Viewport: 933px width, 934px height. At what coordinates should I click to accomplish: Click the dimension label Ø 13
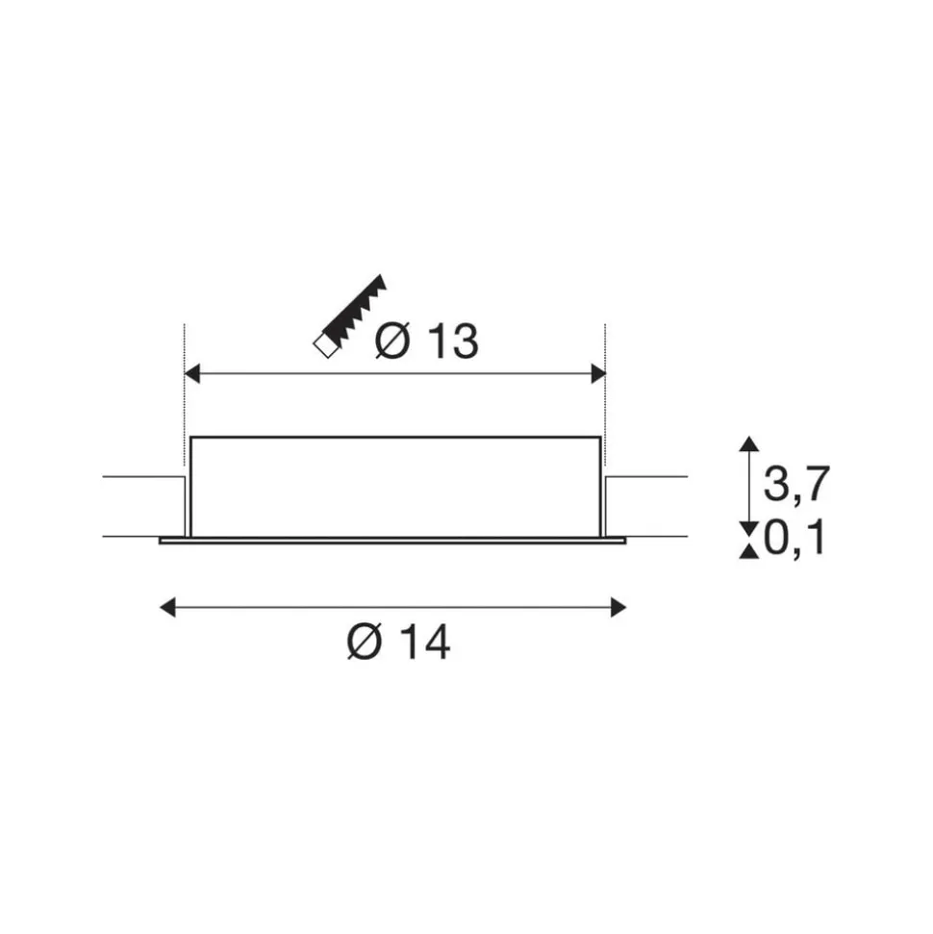point(426,341)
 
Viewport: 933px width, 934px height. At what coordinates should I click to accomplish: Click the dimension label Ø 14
point(398,643)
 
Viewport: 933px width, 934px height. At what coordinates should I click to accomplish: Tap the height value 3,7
point(796,484)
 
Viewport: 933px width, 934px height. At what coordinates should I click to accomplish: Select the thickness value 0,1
point(794,538)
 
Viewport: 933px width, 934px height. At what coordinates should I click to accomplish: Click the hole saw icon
point(350,316)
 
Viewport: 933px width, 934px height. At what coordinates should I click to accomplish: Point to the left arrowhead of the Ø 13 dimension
point(191,375)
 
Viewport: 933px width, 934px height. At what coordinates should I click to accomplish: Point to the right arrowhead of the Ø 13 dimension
point(598,375)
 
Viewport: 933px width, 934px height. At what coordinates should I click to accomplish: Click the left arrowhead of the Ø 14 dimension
point(168,608)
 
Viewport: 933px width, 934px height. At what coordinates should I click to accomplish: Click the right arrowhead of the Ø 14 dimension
point(618,608)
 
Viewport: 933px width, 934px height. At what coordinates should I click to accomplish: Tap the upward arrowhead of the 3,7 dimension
point(749,443)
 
